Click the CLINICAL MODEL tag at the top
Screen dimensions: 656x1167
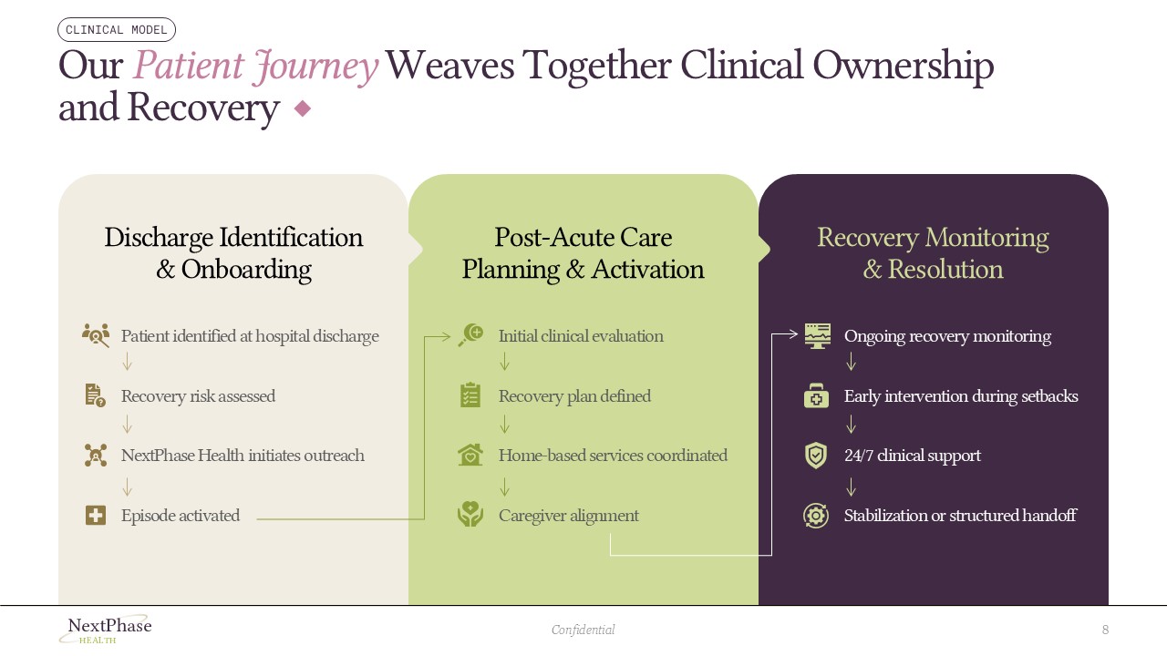(117, 30)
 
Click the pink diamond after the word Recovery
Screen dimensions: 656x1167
(303, 108)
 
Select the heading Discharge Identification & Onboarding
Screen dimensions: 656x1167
(233, 253)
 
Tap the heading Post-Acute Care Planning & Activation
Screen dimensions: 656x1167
(583, 253)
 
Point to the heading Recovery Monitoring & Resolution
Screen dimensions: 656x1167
(933, 253)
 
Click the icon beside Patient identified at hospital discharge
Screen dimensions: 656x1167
(96, 335)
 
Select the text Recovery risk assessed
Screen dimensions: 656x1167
(198, 396)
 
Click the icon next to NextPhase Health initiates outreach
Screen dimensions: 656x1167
(96, 456)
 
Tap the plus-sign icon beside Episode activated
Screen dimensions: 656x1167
(96, 516)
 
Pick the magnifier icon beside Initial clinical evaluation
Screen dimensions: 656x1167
(470, 335)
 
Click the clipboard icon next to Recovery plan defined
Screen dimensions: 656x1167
(470, 395)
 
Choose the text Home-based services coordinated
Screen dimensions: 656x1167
(613, 456)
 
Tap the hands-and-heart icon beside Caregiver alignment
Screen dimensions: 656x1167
(470, 515)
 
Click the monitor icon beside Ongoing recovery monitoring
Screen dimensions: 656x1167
(817, 335)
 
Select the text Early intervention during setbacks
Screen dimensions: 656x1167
(961, 396)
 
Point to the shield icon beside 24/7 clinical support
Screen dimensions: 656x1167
(816, 456)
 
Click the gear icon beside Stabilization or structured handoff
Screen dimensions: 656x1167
(816, 516)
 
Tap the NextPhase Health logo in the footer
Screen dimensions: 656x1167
(106, 630)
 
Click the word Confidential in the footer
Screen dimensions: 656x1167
(583, 630)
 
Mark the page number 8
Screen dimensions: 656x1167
(1105, 630)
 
